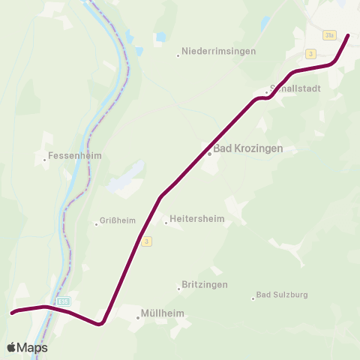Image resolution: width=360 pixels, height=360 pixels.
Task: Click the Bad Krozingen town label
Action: (x=248, y=148)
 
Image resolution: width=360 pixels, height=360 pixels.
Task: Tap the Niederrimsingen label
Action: (x=219, y=52)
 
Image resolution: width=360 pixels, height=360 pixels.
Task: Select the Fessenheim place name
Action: (x=74, y=156)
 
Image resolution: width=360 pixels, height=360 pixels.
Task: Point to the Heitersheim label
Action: (x=197, y=219)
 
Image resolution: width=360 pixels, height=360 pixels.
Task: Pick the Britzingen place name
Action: (x=205, y=285)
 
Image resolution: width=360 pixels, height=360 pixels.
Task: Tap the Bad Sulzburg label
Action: (x=282, y=295)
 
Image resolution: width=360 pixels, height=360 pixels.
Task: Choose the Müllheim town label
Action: (x=163, y=314)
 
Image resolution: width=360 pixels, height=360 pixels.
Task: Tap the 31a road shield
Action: (x=329, y=35)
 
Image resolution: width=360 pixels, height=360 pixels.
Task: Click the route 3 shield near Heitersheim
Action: (x=147, y=241)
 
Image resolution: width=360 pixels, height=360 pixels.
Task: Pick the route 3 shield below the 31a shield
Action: (x=310, y=53)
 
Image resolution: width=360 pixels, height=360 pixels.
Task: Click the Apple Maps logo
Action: (x=27, y=347)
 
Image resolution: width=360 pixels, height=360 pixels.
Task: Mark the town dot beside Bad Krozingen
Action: (x=210, y=153)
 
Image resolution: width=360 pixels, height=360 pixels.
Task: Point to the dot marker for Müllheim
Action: (x=138, y=318)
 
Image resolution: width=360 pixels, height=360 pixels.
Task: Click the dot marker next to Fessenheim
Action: (x=44, y=159)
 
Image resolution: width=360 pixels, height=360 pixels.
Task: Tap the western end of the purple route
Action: (x=13, y=312)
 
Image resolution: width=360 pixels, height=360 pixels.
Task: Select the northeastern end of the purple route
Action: (x=347, y=34)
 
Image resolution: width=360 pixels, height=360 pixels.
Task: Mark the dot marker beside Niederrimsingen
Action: (x=178, y=55)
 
